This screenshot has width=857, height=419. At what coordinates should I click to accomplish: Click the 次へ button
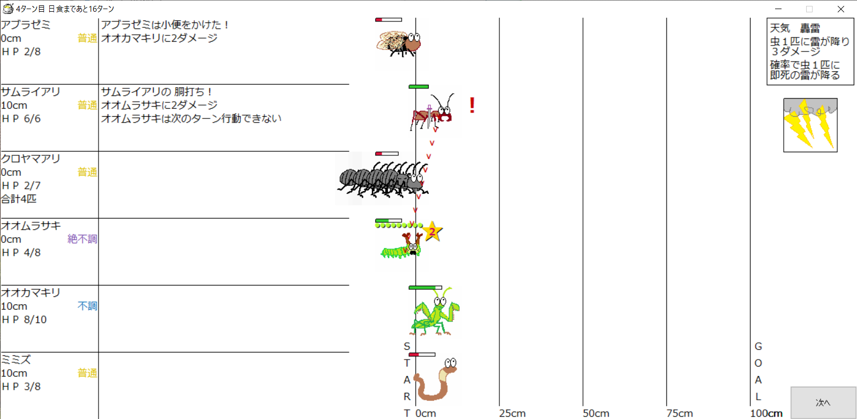(823, 402)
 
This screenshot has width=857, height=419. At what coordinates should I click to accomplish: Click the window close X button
(841, 9)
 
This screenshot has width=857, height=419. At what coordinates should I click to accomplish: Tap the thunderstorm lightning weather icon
(810, 125)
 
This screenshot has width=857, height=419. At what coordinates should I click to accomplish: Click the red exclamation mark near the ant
(472, 105)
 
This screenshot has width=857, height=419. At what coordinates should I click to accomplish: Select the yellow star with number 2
(432, 232)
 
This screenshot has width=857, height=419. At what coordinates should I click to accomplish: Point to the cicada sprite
(399, 43)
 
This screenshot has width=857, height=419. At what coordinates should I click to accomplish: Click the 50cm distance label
(596, 413)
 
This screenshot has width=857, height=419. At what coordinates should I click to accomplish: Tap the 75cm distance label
(679, 413)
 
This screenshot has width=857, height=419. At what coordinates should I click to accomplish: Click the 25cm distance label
(512, 413)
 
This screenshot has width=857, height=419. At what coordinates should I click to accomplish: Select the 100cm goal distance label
(766, 413)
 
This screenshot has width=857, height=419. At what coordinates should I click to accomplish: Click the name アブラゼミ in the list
(26, 25)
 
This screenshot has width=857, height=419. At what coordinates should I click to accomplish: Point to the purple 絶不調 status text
(82, 239)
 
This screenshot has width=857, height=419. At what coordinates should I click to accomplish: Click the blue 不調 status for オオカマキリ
(87, 306)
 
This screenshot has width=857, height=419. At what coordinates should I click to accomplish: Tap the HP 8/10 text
(24, 319)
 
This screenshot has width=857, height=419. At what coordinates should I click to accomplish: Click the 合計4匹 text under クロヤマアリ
(19, 199)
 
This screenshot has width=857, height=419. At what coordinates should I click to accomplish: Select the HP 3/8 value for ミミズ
(21, 386)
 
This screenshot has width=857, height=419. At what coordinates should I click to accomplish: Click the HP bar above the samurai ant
(419, 86)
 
